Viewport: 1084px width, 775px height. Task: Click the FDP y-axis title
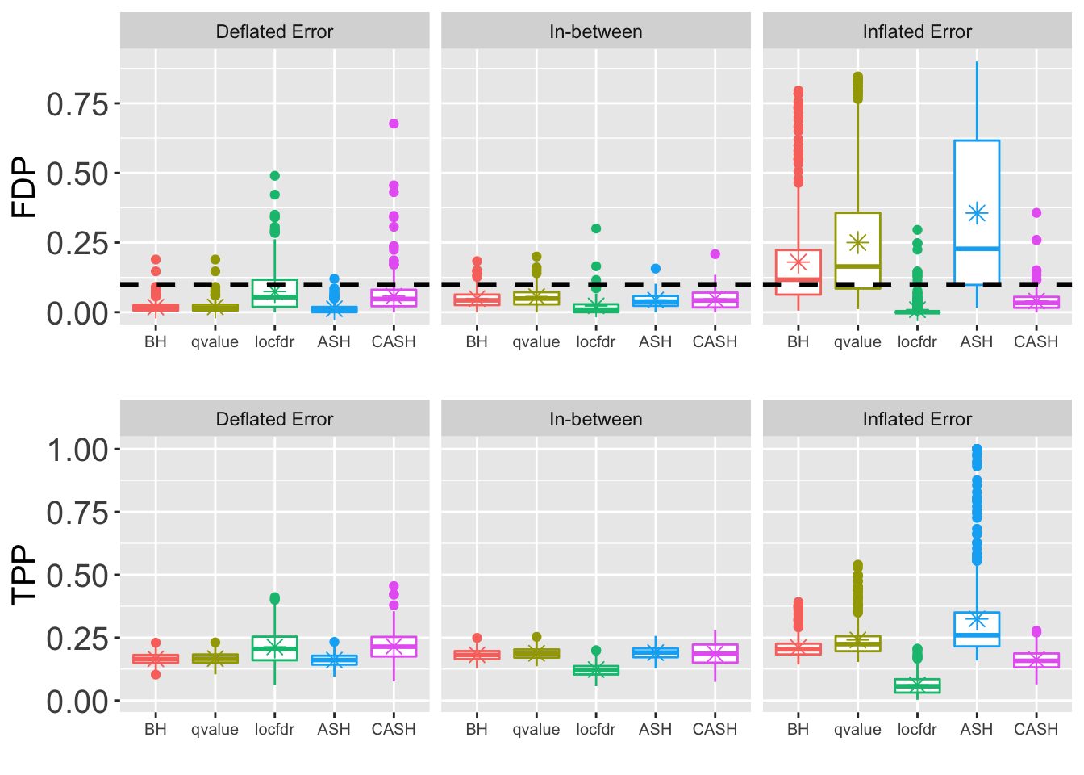coord(24,187)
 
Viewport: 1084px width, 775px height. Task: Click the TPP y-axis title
coord(24,574)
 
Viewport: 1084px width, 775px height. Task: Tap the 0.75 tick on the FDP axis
coord(77,104)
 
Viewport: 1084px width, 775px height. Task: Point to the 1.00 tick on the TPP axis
coord(77,450)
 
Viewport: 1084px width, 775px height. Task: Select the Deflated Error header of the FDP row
coord(274,31)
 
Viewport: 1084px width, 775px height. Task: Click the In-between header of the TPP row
coord(595,419)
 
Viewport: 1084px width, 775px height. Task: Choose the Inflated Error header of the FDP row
coord(917,31)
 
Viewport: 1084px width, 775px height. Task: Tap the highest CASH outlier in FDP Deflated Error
coord(394,124)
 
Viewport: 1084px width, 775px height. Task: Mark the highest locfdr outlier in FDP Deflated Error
coord(274,175)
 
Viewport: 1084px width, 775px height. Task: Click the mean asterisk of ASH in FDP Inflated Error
coord(977,213)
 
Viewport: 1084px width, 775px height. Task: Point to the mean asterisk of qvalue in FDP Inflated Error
coord(857,242)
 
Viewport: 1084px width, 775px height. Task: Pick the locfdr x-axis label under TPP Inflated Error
coord(917,729)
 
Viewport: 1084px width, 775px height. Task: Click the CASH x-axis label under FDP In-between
coord(715,341)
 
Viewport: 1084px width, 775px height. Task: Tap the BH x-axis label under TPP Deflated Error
coord(156,729)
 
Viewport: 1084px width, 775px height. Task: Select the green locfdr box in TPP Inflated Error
coord(917,685)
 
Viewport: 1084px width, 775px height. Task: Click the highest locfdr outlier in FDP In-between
coord(596,228)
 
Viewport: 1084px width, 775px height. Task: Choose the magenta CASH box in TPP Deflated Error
coord(394,647)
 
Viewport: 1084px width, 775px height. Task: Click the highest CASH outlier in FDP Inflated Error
coord(1036,213)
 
